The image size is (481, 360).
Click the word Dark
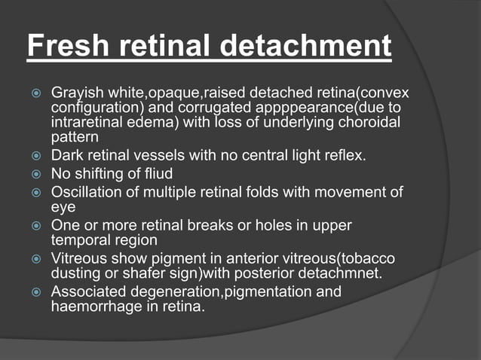pyautogui.click(x=66, y=157)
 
